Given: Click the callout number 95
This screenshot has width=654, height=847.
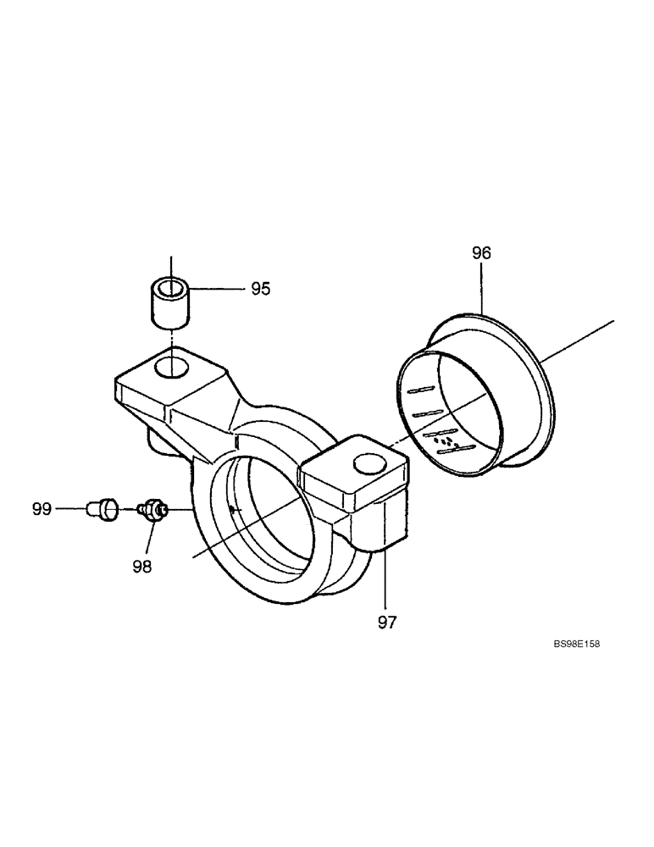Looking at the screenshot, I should pyautogui.click(x=260, y=289).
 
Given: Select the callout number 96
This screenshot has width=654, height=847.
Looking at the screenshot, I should pyautogui.click(x=481, y=252).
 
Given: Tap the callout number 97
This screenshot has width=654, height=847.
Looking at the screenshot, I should pyautogui.click(x=386, y=622).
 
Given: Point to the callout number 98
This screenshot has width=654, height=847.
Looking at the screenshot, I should pyautogui.click(x=141, y=566).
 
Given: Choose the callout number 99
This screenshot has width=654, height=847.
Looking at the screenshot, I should pyautogui.click(x=42, y=509).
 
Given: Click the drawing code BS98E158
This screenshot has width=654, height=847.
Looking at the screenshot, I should pyautogui.click(x=576, y=645).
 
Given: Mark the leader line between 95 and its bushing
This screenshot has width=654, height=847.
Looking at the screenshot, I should pyautogui.click(x=218, y=289).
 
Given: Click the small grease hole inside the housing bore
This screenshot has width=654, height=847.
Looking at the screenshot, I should pyautogui.click(x=232, y=509).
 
